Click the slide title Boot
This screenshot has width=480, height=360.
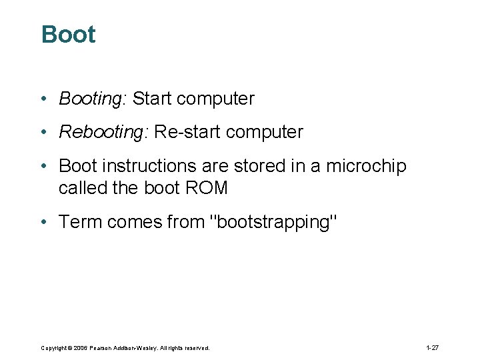pos(68,35)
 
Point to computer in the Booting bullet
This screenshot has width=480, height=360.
pos(216,99)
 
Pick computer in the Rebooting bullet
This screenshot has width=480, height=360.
pos(265,132)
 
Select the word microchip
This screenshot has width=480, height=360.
pos(366,166)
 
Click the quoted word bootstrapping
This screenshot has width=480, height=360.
pos(274,222)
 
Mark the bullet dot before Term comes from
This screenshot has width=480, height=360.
pos(42,222)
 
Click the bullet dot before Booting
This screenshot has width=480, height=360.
pos(42,99)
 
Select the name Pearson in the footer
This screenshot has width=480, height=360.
pos(105,348)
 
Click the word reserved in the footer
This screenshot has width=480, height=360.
pos(196,348)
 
